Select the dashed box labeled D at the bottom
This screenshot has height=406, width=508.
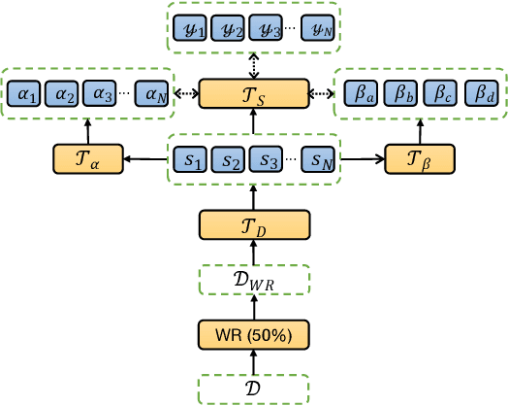point(254,388)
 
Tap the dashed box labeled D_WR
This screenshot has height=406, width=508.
point(254,280)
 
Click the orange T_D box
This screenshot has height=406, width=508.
point(254,225)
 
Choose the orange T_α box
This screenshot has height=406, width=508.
point(88,159)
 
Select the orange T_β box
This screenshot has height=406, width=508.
point(419,159)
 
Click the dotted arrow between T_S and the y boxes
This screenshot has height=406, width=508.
point(254,66)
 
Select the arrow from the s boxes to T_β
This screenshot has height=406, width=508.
point(360,158)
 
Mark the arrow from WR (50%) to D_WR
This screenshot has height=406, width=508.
point(254,306)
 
